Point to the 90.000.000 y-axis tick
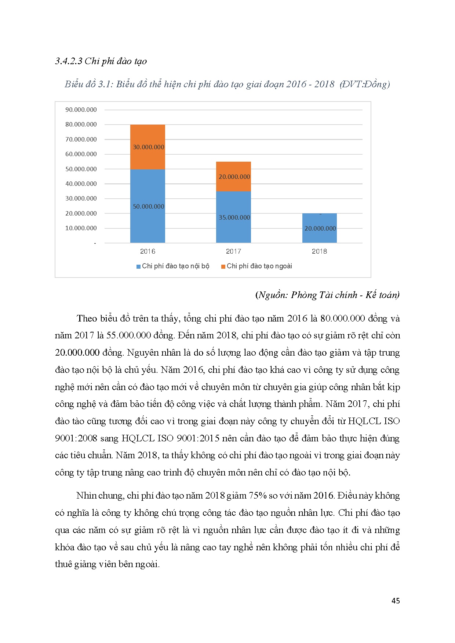tap(81, 110)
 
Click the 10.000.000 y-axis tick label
tap(81, 228)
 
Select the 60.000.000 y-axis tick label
tap(81, 154)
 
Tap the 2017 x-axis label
tap(233, 251)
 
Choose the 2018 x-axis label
tap(319, 251)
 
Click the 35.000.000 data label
tap(234, 217)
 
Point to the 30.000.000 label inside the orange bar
tap(149, 147)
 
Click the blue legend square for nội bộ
tap(138, 267)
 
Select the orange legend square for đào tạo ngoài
tap(223, 267)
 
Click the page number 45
tap(396, 600)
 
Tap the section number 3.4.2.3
tap(69, 61)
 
